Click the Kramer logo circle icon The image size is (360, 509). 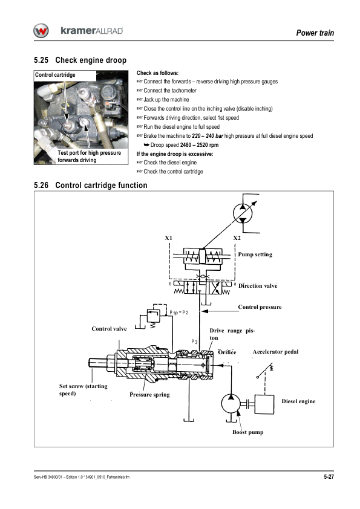pos(41,31)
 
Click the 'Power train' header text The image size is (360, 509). pos(315,33)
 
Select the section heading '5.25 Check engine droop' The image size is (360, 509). pos(80,60)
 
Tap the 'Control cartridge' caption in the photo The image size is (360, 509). pos(55,75)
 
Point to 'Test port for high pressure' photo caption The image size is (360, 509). pos(90,153)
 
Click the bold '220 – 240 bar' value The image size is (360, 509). pos(208,136)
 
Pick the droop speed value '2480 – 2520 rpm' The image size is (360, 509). pos(199,145)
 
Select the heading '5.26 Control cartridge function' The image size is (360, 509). pos(91,186)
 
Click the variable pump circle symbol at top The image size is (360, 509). pos(243,213)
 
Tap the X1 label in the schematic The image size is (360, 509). pos(168,238)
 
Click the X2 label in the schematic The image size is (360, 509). pos(237,238)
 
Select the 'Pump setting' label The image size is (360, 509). pos(255,254)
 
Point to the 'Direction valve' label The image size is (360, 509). pos(258,286)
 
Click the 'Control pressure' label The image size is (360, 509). pos(260,307)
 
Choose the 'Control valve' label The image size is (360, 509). pos(109,329)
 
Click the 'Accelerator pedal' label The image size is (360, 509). pos(275,352)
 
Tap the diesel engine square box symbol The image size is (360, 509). pos(264,404)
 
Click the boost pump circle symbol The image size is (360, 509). pos(231,404)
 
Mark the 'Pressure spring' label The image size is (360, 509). pos(150,395)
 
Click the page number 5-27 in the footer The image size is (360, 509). pos(329,477)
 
